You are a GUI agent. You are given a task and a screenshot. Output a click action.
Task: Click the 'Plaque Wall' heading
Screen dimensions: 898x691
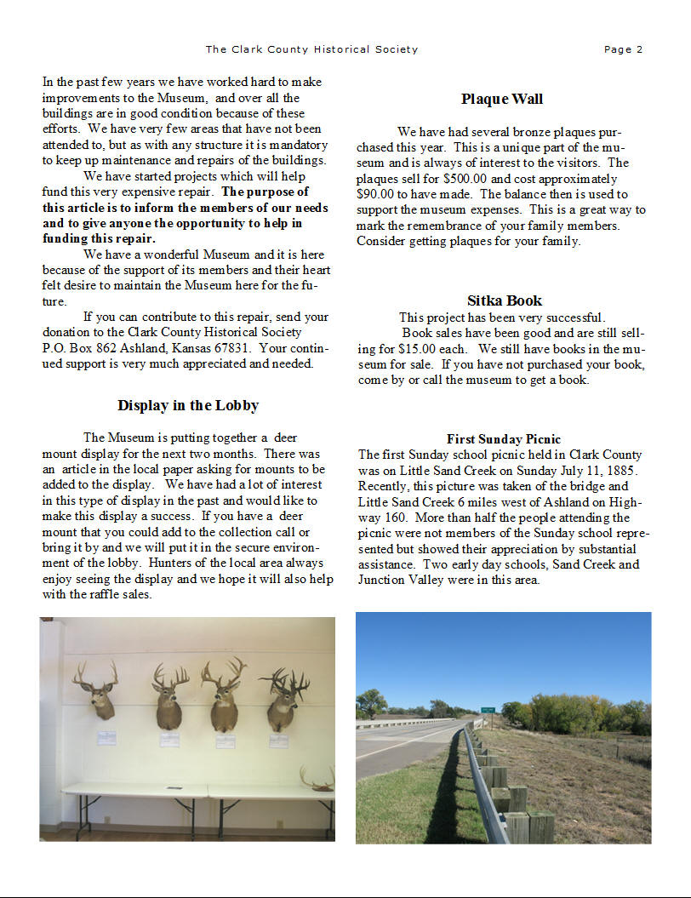pos(502,100)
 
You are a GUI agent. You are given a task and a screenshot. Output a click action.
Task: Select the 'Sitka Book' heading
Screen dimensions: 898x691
pos(504,300)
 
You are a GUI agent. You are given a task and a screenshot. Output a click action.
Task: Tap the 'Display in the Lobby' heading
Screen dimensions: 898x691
pos(188,405)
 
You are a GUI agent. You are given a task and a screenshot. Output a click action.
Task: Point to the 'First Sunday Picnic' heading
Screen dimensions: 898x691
pos(503,439)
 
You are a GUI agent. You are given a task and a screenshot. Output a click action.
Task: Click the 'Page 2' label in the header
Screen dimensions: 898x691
pos(623,49)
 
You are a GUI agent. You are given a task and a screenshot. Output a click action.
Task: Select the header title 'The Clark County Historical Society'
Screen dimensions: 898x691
pos(311,49)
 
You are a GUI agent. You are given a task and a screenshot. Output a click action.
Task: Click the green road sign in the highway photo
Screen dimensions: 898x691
pos(488,709)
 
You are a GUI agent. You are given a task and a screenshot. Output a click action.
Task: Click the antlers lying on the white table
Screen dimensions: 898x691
pos(317,779)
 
